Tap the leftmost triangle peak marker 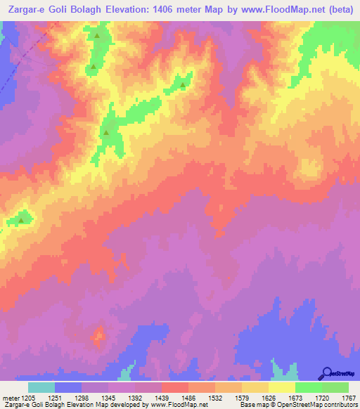tap(20, 220)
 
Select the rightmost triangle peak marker tap(183, 86)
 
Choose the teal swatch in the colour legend tap(41, 387)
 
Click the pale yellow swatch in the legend tap(282, 387)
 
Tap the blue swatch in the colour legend tap(68, 387)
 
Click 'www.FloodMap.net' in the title tap(283, 8)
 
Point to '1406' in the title tap(166, 8)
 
